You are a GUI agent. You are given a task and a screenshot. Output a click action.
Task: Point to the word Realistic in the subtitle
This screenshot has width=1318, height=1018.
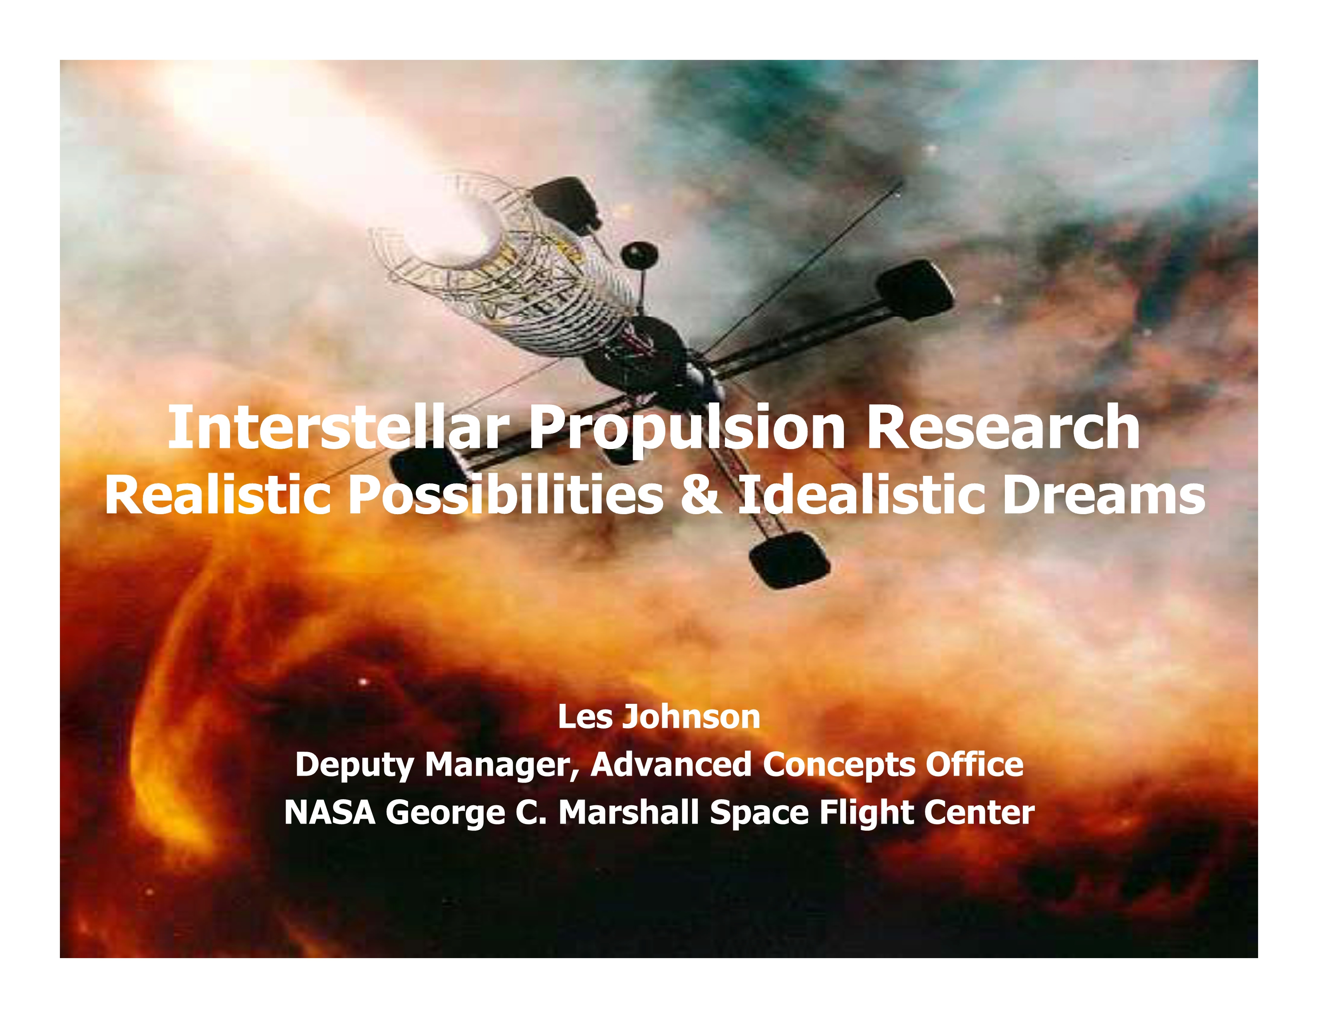pyautogui.click(x=218, y=495)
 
